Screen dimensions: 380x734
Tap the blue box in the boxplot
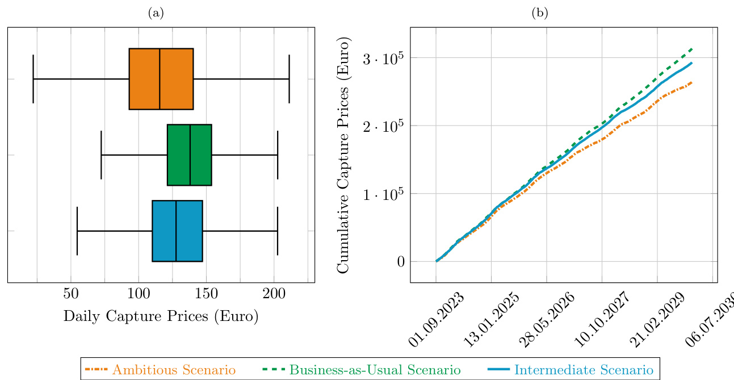165,231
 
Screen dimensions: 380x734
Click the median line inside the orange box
160,79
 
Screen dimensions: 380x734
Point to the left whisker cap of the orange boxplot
33,79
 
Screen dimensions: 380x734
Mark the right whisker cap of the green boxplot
278,154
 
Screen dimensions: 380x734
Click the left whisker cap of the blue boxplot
77,231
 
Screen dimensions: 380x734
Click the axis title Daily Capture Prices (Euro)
161,316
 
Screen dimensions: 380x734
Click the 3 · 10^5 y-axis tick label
379,58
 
